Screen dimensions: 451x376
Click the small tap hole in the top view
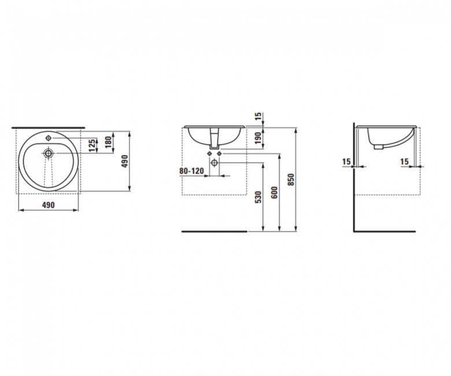click(49, 138)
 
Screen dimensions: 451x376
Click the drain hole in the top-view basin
click(48, 153)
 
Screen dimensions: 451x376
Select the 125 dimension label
click(92, 146)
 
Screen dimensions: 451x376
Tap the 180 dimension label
click(108, 142)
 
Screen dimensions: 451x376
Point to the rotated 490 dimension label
click(125, 161)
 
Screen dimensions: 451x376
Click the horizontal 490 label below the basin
click(49, 205)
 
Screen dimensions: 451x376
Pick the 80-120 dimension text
click(191, 171)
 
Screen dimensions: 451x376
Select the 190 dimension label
click(258, 138)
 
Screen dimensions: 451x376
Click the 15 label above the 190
click(258, 116)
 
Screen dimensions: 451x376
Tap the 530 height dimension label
click(258, 197)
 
